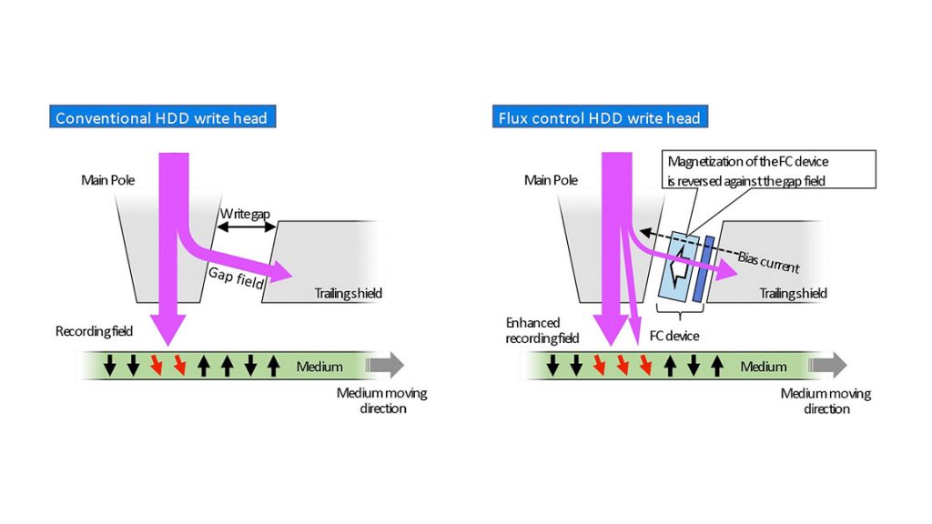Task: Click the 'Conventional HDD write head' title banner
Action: pyautogui.click(x=161, y=118)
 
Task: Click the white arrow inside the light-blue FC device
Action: pyautogui.click(x=675, y=270)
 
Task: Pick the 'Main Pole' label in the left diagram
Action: pyautogui.click(x=108, y=180)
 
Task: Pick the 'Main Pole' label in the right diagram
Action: pyautogui.click(x=552, y=180)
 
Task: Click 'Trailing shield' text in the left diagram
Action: pyautogui.click(x=348, y=293)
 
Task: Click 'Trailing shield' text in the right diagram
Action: pyautogui.click(x=793, y=293)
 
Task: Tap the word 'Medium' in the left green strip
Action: pyautogui.click(x=319, y=367)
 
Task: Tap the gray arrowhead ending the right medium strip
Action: pyautogui.click(x=835, y=366)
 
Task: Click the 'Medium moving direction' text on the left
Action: pyautogui.click(x=381, y=400)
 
